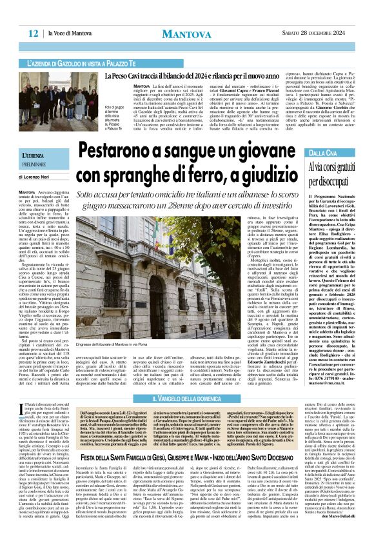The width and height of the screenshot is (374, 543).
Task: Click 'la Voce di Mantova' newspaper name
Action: (69, 33)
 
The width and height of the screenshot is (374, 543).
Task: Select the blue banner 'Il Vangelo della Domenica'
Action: (186, 382)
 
